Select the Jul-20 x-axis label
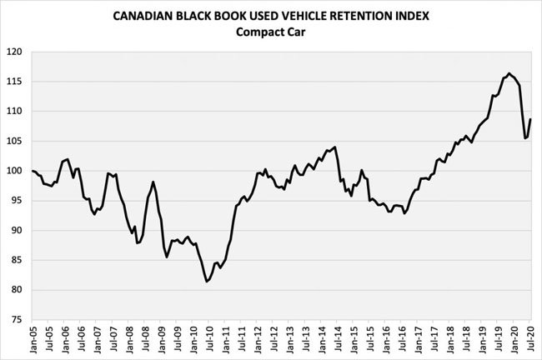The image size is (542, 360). pos(530,341)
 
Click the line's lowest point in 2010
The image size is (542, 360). pos(207,282)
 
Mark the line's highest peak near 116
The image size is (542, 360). pos(509,73)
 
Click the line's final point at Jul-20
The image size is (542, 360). pos(530,119)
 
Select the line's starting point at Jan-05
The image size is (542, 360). pos(32,171)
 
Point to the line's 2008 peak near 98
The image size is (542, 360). pos(153,182)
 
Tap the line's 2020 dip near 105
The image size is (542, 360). pos(524,138)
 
